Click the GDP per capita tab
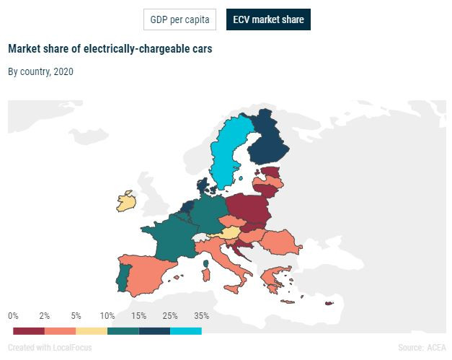click(x=180, y=19)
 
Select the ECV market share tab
click(x=268, y=19)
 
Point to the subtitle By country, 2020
click(x=40, y=71)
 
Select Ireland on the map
click(x=126, y=201)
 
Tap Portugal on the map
click(x=123, y=278)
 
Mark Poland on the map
click(x=249, y=209)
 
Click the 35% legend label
click(x=201, y=316)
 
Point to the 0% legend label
click(x=13, y=316)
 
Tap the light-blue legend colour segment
click(x=185, y=330)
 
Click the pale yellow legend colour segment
click(x=92, y=330)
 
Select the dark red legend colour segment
click(x=29, y=330)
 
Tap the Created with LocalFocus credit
click(x=50, y=347)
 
